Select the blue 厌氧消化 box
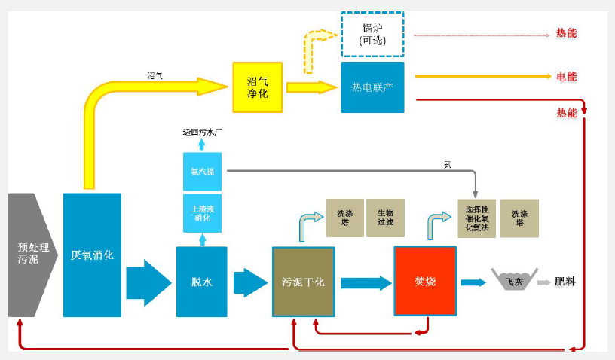(x=92, y=255)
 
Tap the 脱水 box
(x=202, y=282)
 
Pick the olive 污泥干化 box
(x=303, y=282)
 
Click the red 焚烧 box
(x=425, y=281)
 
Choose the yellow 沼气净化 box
(x=257, y=87)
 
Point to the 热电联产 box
(x=372, y=87)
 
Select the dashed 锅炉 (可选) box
(x=372, y=34)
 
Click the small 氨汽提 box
(x=202, y=172)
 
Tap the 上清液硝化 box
(x=202, y=213)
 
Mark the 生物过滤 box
(x=385, y=218)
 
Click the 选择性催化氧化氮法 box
(x=476, y=218)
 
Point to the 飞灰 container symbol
(x=514, y=280)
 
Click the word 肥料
(x=565, y=282)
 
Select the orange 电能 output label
(x=567, y=76)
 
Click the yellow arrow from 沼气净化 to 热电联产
(x=311, y=87)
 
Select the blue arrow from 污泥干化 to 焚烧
(x=366, y=283)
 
